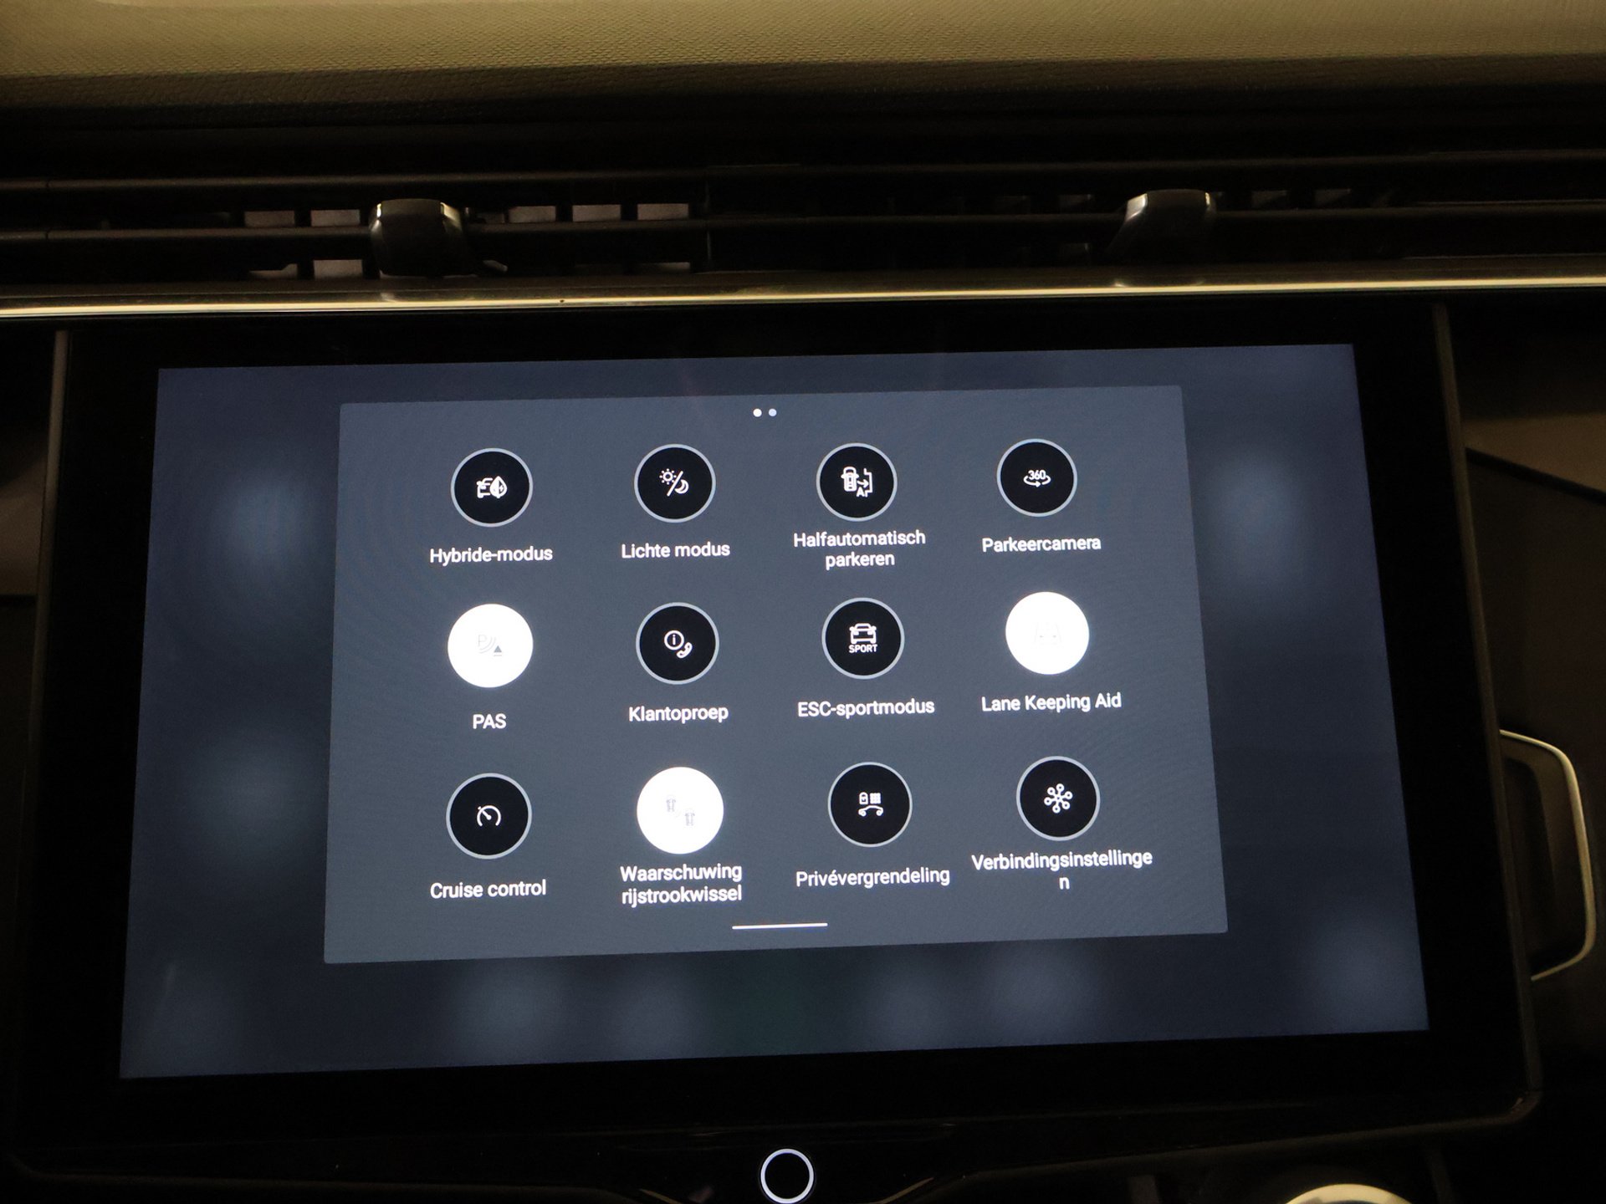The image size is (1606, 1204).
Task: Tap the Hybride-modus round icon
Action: [x=491, y=487]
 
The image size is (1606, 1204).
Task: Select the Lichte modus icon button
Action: [x=674, y=483]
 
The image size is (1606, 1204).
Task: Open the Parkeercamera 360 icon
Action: [x=1036, y=478]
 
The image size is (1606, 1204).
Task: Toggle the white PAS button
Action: [x=490, y=645]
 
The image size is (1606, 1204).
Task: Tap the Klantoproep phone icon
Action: [x=677, y=643]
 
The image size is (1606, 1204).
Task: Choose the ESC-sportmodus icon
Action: [x=862, y=639]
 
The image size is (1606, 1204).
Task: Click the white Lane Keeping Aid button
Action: [x=1047, y=634]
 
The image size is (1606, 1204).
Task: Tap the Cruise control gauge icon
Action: [x=488, y=816]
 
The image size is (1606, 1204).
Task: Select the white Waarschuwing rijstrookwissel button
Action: [x=680, y=810]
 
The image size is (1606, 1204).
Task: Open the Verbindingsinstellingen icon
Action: [x=1058, y=798]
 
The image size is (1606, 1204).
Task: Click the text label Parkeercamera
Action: [x=1041, y=544]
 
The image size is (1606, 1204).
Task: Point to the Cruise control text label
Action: [x=488, y=889]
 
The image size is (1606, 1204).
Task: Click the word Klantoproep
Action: [x=678, y=713]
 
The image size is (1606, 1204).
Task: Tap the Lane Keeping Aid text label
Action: [x=1051, y=702]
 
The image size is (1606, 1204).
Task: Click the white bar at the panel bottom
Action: [x=780, y=926]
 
